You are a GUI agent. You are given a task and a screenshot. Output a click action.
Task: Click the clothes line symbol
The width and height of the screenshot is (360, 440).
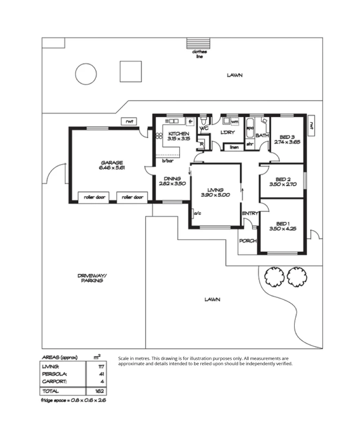point(199,43)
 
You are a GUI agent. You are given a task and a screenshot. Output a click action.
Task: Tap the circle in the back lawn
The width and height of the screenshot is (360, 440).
point(86,74)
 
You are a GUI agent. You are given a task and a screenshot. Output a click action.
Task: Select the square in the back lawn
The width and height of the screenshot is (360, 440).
point(131,72)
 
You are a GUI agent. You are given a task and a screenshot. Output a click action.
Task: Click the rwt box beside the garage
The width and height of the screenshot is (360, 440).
point(130,121)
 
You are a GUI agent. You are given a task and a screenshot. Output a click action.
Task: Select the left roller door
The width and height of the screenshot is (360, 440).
point(94,197)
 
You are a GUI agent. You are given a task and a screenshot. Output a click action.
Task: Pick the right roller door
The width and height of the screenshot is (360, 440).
point(133,197)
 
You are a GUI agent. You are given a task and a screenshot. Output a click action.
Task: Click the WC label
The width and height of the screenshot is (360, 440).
point(204,128)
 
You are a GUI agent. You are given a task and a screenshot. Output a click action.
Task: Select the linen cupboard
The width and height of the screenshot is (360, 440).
point(234,147)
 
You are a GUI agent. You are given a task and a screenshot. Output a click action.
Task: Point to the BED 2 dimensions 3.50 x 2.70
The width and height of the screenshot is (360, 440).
point(283,184)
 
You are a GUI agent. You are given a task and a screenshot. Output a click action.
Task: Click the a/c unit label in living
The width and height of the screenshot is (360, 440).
point(198,213)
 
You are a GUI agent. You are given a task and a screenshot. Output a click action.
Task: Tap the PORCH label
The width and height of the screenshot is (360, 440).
point(248,241)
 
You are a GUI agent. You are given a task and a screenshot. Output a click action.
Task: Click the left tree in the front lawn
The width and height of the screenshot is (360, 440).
point(273,277)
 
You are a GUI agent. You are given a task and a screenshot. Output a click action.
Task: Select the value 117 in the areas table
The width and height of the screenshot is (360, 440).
point(101,366)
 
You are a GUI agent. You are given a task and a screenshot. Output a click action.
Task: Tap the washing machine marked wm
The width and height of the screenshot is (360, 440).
point(235,121)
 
